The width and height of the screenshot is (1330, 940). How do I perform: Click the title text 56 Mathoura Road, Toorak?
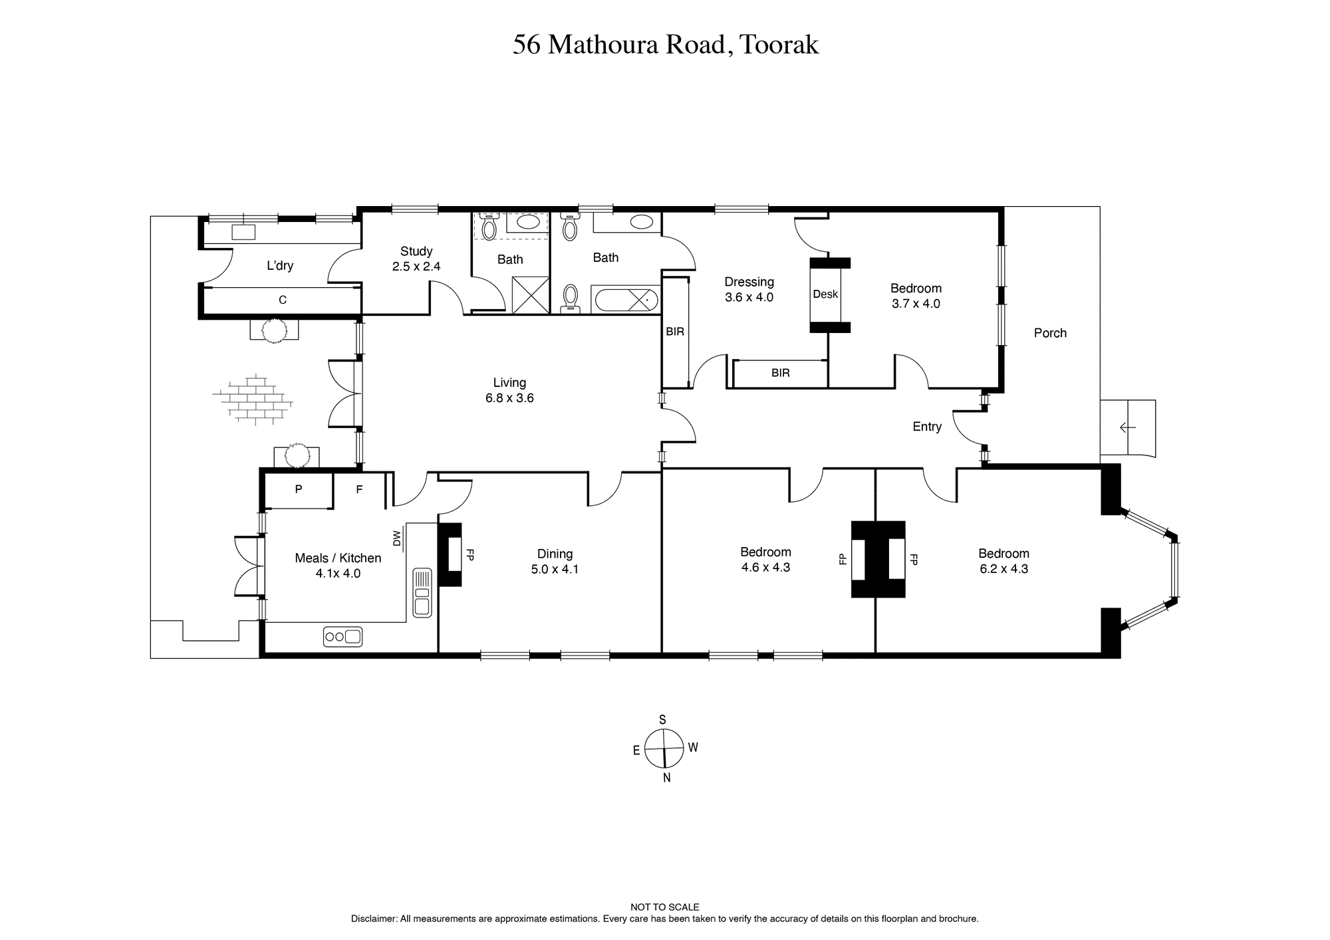point(666,45)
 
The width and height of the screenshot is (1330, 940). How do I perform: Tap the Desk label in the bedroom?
point(825,294)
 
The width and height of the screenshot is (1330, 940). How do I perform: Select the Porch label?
point(1050,333)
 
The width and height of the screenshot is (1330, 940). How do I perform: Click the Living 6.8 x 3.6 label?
point(509,390)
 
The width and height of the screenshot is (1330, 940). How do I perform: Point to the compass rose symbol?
point(664,748)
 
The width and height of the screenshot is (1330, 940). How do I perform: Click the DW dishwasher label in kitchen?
point(397,538)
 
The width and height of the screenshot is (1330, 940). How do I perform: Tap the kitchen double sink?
point(422,592)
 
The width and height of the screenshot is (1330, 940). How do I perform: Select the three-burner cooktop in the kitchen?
point(342,637)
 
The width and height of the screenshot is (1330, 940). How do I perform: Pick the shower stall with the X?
point(531,295)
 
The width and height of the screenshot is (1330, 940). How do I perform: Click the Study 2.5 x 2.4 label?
point(416,259)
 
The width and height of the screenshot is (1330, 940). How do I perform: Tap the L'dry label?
point(280,265)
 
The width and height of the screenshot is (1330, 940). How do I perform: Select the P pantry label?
point(299,489)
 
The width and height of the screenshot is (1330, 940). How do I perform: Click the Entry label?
point(927,427)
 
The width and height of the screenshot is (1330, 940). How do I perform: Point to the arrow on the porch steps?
point(1127,427)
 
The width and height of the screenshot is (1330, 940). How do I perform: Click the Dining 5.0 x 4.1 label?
point(555,562)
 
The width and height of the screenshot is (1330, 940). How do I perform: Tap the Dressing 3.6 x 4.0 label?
point(749,290)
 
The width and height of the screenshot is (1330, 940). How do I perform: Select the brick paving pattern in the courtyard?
point(253,400)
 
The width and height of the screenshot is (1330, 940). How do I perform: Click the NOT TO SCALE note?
point(665,907)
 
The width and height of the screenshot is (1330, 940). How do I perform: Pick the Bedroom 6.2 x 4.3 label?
point(1004,561)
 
